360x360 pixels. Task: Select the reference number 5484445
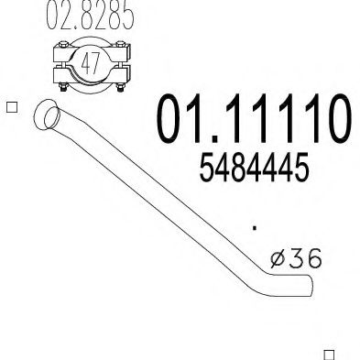point(253,169)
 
